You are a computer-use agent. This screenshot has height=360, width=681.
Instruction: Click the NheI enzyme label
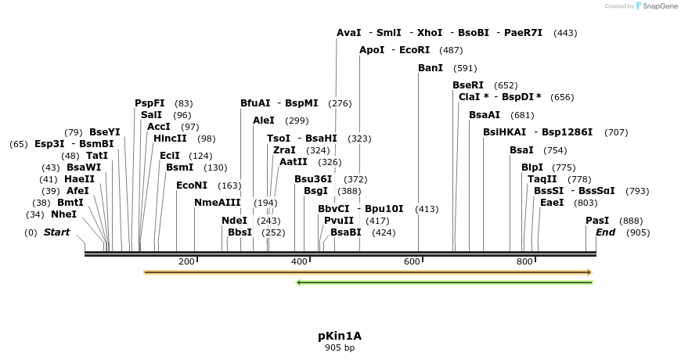click(63, 214)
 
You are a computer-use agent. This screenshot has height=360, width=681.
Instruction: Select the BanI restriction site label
click(431, 68)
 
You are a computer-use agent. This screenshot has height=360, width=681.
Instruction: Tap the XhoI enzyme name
click(430, 33)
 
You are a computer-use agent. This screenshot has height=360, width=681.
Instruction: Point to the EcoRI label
click(415, 50)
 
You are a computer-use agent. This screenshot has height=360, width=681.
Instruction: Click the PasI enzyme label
click(597, 221)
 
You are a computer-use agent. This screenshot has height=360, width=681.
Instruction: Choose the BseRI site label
click(468, 85)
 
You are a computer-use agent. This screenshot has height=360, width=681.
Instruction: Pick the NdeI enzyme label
click(234, 221)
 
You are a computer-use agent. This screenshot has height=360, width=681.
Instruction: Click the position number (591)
click(465, 68)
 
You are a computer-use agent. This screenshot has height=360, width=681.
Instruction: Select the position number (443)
click(565, 33)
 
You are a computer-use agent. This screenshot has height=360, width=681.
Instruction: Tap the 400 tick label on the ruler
click(299, 261)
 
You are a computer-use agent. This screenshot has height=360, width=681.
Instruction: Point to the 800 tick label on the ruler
click(524, 261)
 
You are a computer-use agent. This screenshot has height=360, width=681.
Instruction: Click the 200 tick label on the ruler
click(186, 261)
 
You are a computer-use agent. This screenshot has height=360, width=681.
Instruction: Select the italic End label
click(606, 232)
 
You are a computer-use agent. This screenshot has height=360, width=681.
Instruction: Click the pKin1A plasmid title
click(340, 336)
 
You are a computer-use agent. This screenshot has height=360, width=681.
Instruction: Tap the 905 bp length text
click(340, 347)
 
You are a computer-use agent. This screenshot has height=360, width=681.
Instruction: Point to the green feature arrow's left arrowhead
click(298, 282)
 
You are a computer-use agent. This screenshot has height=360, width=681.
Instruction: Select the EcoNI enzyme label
click(192, 185)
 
